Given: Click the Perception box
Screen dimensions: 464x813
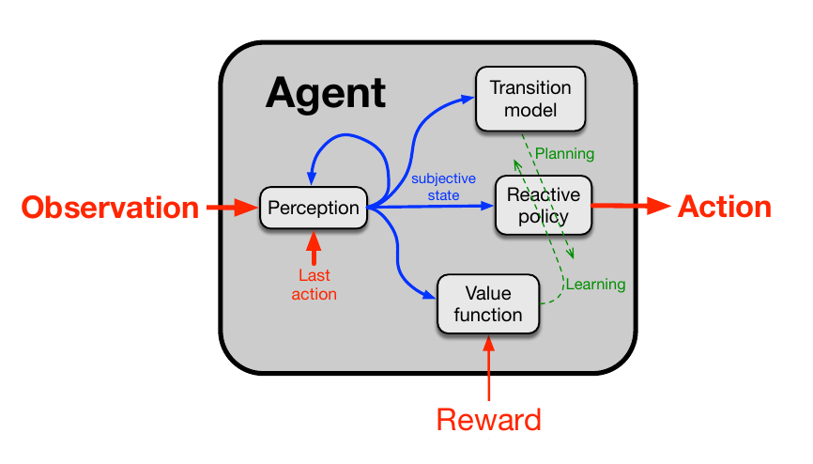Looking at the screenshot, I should pyautogui.click(x=314, y=208).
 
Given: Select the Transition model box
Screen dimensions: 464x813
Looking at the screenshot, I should pyautogui.click(x=530, y=99).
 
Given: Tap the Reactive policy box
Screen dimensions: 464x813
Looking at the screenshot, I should pyautogui.click(x=544, y=206).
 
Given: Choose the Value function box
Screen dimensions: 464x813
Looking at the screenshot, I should pyautogui.click(x=488, y=303).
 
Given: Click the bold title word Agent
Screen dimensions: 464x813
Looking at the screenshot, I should pyautogui.click(x=325, y=93).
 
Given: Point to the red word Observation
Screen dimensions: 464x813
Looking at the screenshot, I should pyautogui.click(x=111, y=207).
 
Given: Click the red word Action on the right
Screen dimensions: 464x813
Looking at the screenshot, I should pyautogui.click(x=724, y=207).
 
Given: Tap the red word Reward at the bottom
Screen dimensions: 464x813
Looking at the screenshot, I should pyautogui.click(x=488, y=419).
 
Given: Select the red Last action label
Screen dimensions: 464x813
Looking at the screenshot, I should pyautogui.click(x=314, y=285).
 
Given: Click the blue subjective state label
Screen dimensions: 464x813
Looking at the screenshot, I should pyautogui.click(x=443, y=186).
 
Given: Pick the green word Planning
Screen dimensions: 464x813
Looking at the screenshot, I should pyautogui.click(x=564, y=153).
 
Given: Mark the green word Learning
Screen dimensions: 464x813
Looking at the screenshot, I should pyautogui.click(x=593, y=283).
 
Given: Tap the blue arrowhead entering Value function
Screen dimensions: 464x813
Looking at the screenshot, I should pyautogui.click(x=431, y=297).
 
